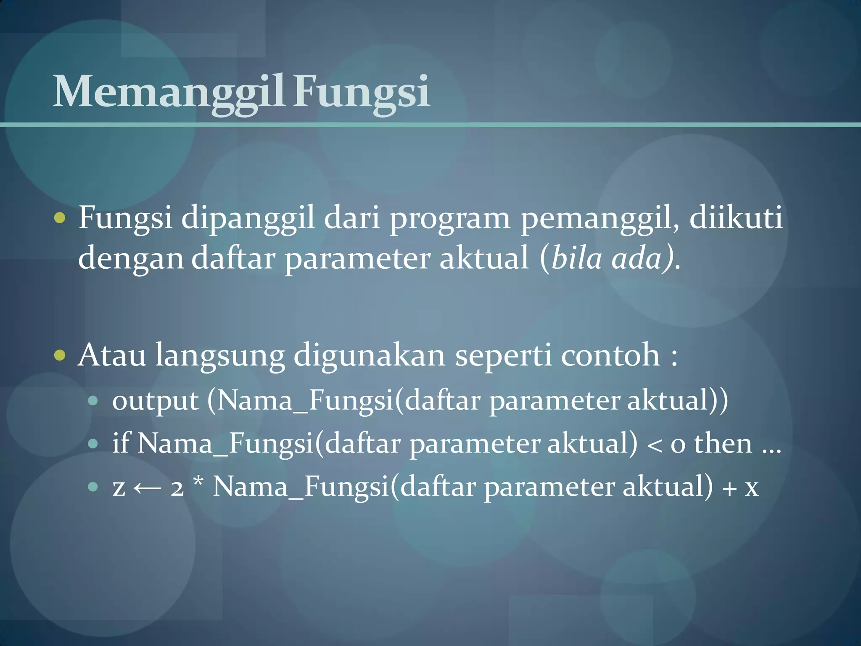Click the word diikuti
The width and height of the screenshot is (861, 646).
(736, 218)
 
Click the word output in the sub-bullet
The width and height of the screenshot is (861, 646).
(155, 401)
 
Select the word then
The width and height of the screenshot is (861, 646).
(723, 444)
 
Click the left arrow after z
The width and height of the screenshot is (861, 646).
(147, 488)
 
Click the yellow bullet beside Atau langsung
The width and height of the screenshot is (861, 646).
(60, 355)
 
